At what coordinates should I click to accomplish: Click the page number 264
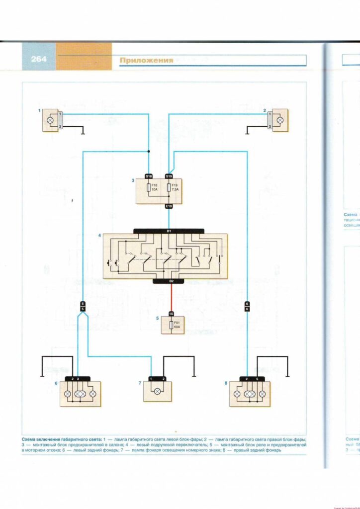click(x=38, y=59)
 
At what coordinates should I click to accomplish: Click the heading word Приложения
click(x=146, y=61)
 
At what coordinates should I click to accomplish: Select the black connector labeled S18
click(x=149, y=176)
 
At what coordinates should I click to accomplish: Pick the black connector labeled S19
click(x=169, y=176)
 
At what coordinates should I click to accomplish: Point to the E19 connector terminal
click(x=169, y=206)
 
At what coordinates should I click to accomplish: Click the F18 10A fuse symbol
click(x=149, y=188)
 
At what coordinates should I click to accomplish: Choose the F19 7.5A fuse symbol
click(x=169, y=188)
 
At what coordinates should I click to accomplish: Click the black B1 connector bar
click(x=169, y=231)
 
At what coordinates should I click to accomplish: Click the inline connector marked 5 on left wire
click(x=83, y=306)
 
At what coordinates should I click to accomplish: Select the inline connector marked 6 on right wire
click(x=247, y=306)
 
